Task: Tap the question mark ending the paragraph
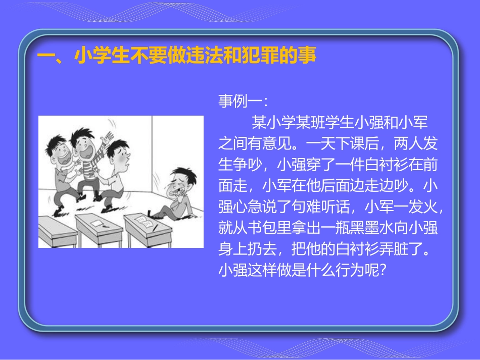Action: [x=382, y=271]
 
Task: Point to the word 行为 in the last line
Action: [x=349, y=271]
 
